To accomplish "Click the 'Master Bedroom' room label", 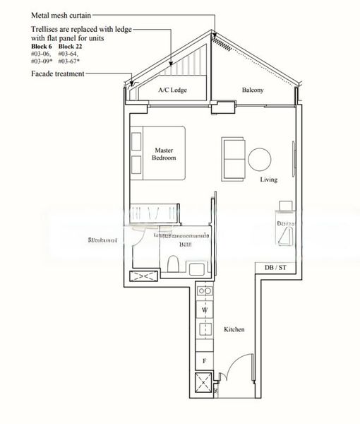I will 164,153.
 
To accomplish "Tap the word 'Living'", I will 268,179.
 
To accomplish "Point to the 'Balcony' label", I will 253,90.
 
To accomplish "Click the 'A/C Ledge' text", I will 172,90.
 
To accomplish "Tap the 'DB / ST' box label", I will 275,268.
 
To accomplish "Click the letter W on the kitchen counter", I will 205,310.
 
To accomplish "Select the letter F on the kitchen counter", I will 205,360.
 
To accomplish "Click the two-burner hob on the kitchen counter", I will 205,290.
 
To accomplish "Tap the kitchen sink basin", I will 205,329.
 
